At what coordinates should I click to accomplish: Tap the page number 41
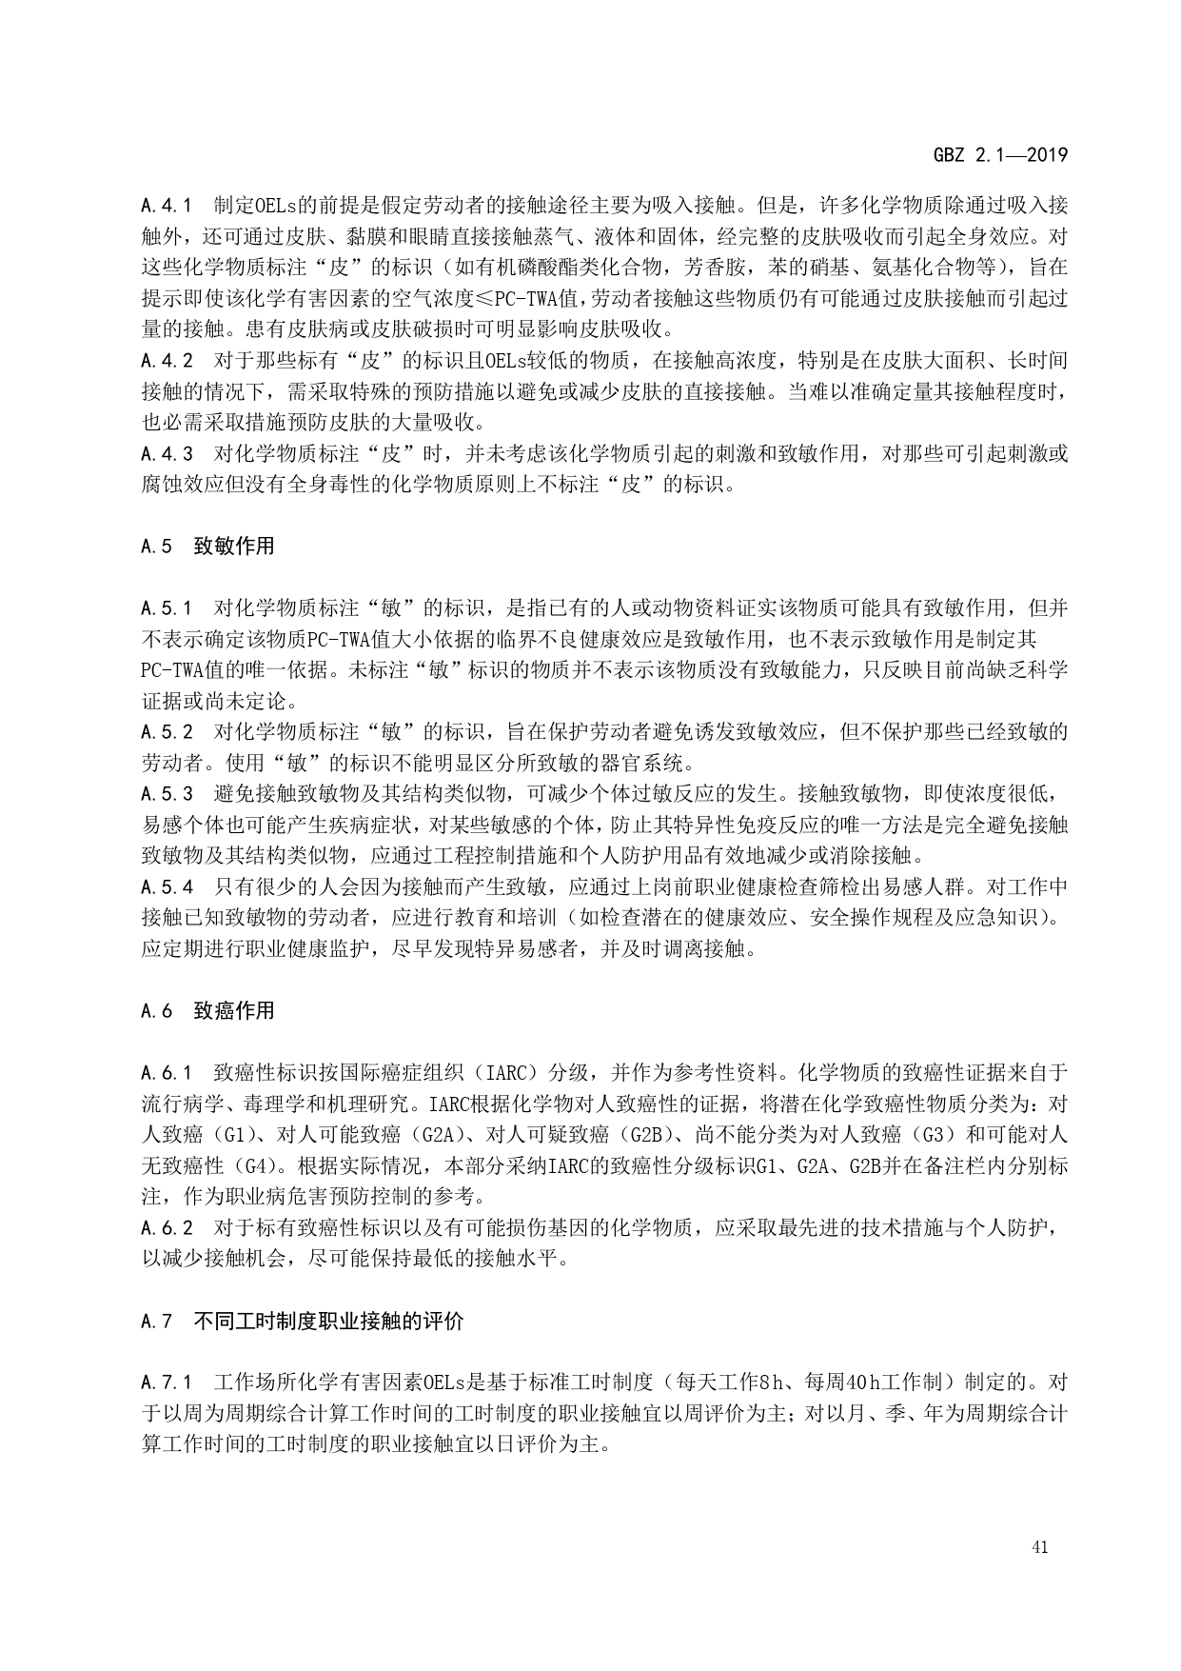tap(1039, 1547)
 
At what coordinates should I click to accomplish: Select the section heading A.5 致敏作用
tap(207, 546)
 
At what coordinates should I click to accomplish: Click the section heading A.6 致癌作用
tap(207, 1010)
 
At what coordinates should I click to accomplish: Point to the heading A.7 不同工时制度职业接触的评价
tap(302, 1321)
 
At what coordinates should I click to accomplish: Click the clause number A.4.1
tap(167, 205)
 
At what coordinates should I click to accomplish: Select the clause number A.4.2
tap(167, 360)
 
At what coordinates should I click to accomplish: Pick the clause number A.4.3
tap(167, 453)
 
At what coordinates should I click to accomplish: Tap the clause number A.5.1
tap(167, 607)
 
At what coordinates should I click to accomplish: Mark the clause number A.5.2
tap(167, 732)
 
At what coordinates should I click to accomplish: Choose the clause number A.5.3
tap(167, 794)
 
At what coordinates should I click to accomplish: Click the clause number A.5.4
tap(167, 887)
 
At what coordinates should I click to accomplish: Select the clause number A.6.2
tap(167, 1228)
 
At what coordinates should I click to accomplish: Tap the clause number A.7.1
tap(167, 1383)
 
